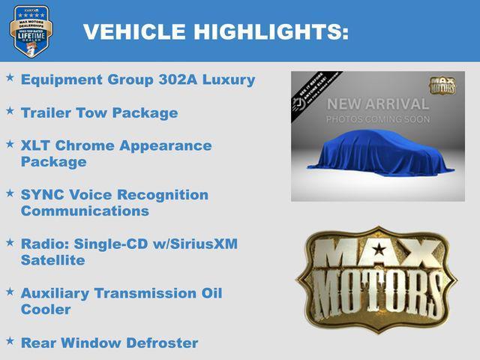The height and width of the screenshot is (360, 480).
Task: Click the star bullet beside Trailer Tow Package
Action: coord(10,110)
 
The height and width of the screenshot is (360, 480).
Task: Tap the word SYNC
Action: coord(41,195)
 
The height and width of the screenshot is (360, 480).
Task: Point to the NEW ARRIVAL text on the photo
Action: coord(377,104)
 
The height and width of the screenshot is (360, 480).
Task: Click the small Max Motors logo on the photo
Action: coord(442,85)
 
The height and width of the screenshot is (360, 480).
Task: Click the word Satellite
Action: coord(53,260)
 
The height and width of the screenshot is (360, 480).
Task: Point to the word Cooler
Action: coord(46,309)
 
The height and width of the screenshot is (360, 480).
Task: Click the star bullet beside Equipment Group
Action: coord(10,77)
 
